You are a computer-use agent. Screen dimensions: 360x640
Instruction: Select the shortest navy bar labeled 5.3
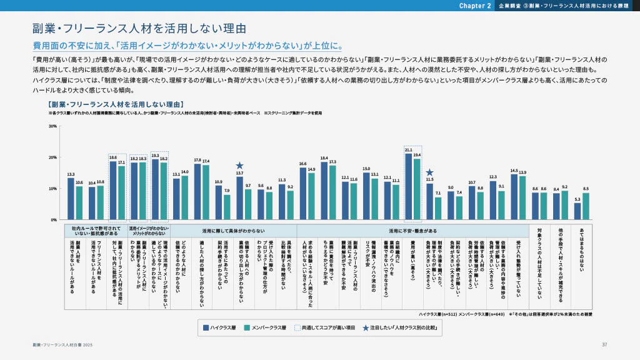click(577, 211)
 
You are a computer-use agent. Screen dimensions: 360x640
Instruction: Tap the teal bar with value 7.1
click(438, 209)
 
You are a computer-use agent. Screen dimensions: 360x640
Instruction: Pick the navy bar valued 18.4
click(324, 191)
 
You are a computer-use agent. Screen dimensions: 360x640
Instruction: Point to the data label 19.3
click(155, 155)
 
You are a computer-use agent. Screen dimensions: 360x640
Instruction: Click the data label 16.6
click(303, 163)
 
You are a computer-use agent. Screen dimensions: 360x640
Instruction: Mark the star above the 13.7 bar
click(239, 166)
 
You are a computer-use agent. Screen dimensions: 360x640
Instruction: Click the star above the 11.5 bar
click(429, 172)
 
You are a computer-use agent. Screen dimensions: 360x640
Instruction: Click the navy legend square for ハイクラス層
click(205, 327)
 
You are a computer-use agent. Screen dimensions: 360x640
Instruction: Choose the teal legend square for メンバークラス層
click(247, 327)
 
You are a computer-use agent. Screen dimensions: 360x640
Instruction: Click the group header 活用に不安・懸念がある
click(412, 230)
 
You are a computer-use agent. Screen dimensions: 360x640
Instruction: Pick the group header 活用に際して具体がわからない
click(233, 230)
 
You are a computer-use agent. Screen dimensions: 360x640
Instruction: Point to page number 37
click(604, 345)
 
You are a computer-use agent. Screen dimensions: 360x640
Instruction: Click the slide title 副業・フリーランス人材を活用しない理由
click(139, 29)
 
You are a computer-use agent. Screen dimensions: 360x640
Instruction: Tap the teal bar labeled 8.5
click(585, 206)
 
